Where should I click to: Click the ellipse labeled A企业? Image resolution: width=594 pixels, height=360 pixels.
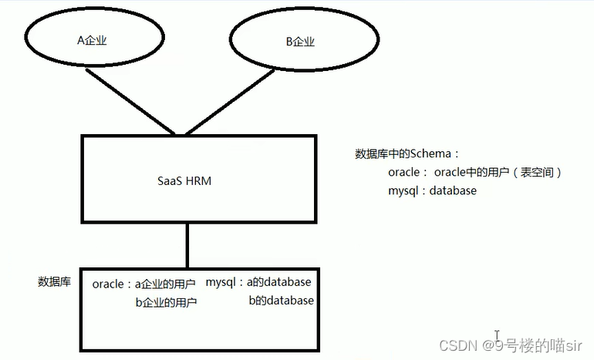[x=92, y=41]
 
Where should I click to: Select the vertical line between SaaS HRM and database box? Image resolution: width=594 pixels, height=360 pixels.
[x=187, y=244]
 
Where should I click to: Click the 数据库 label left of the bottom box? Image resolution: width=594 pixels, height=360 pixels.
[x=54, y=282]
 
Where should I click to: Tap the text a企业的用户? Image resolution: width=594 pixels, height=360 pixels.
[x=165, y=284]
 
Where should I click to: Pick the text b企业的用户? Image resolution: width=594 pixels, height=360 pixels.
[x=166, y=302]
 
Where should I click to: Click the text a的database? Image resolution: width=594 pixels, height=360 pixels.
[x=279, y=282]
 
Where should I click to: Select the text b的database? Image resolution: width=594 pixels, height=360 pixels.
[x=281, y=301]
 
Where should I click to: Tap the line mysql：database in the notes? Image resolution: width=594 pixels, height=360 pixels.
[x=432, y=190]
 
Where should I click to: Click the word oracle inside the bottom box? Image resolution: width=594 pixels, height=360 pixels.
[x=108, y=284]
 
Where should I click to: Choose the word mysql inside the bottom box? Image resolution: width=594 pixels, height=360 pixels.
[x=221, y=282]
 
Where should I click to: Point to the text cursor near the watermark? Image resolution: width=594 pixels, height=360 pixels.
[x=498, y=337]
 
